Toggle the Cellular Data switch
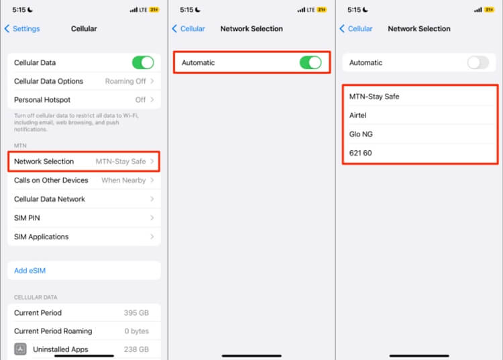coord(143,62)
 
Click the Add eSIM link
coord(30,271)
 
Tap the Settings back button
coord(22,29)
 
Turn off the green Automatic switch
coord(311,62)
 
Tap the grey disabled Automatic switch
coord(478,62)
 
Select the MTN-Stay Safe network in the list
coord(374,97)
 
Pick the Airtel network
coord(358,115)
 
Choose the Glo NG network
coord(361,134)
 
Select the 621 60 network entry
coord(361,153)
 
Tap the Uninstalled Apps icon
coord(21,349)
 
